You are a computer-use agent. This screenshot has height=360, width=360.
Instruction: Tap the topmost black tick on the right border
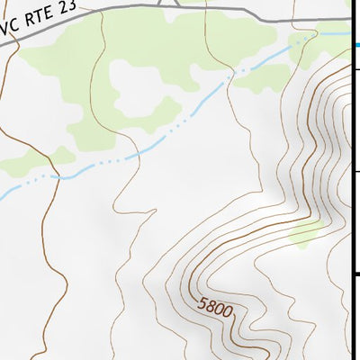point(355,68)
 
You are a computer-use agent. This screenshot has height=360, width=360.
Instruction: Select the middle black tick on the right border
point(355,170)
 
